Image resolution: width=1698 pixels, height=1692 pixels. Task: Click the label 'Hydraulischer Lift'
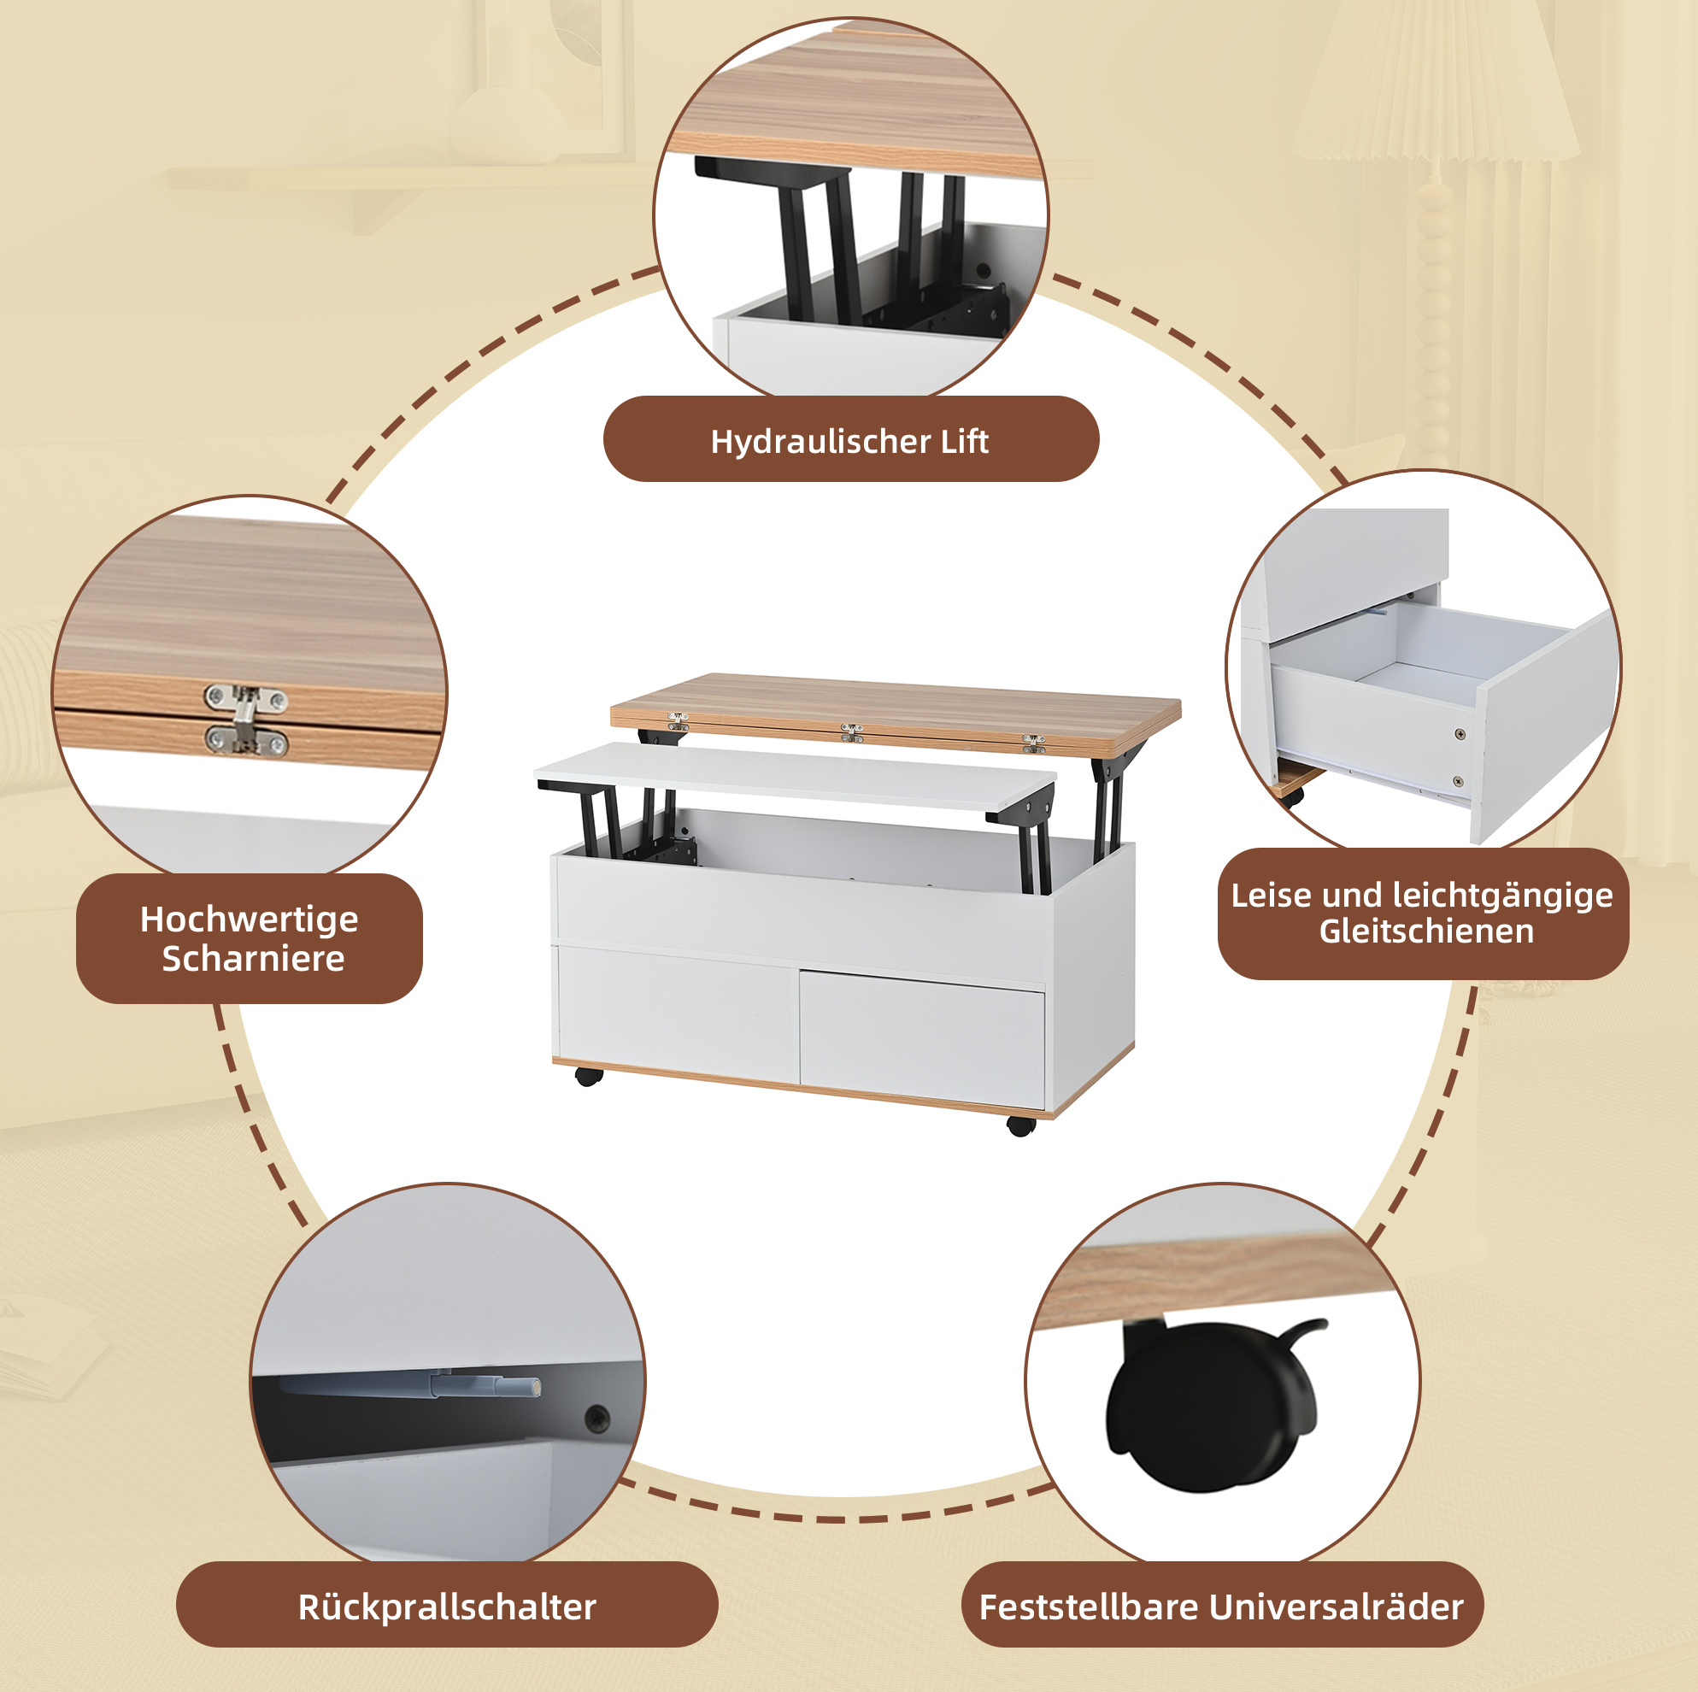pos(849,440)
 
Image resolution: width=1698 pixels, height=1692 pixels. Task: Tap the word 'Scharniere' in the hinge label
pos(253,958)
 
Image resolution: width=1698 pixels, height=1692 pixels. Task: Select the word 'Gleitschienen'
pos(1425,931)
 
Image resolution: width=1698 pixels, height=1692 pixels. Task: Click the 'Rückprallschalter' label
pos(446,1607)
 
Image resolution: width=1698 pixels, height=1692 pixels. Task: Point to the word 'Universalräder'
pos(1336,1607)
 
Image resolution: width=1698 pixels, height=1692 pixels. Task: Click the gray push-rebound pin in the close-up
pos(413,1386)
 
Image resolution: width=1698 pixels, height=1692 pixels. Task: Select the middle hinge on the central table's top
pos(851,732)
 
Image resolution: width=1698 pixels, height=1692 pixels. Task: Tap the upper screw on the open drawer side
pos(1460,734)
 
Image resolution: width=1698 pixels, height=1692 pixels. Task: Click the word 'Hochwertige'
pos(249,919)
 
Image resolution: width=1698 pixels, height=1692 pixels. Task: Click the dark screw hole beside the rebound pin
pos(596,1416)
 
